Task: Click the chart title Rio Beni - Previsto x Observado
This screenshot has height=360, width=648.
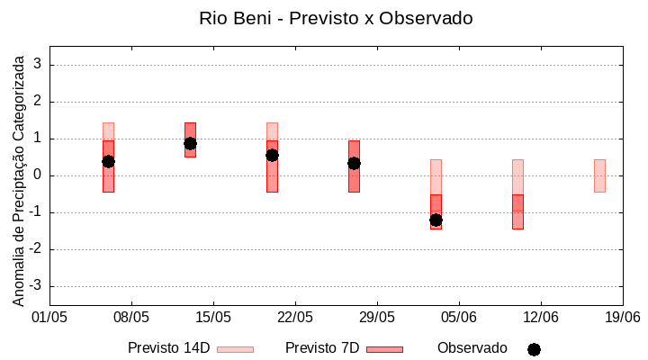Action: pyautogui.click(x=335, y=18)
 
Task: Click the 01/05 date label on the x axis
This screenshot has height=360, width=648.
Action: pyautogui.click(x=49, y=318)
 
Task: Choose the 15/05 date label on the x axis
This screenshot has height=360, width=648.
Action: pyautogui.click(x=213, y=318)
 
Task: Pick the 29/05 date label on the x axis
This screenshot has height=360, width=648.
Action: pyautogui.click(x=377, y=318)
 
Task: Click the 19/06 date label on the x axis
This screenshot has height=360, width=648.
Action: pyautogui.click(x=622, y=318)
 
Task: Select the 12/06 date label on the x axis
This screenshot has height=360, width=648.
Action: pyautogui.click(x=540, y=318)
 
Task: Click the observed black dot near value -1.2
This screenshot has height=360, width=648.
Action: pyautogui.click(x=436, y=220)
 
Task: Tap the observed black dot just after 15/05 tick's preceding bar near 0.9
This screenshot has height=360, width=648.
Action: pyautogui.click(x=190, y=143)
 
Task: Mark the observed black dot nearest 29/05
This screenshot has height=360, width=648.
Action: pyautogui.click(x=354, y=163)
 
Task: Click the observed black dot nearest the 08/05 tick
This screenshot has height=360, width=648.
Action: pyautogui.click(x=108, y=161)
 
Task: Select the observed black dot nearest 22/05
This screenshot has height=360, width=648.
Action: pyautogui.click(x=272, y=155)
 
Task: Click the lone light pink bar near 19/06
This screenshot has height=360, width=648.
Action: pyautogui.click(x=599, y=175)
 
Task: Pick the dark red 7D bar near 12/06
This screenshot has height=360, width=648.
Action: pyautogui.click(x=517, y=211)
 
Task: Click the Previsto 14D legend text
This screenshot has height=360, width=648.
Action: pyautogui.click(x=168, y=348)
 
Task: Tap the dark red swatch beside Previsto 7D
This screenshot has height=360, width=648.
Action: pyautogui.click(x=384, y=349)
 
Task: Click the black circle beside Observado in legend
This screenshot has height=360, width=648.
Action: pyautogui.click(x=534, y=349)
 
